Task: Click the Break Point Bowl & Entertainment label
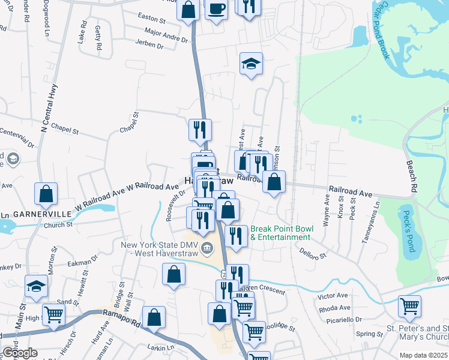[280, 233]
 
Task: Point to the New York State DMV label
[160, 248]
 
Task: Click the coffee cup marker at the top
[216, 9]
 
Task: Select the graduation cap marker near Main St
[36, 286]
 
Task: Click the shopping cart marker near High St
[53, 313]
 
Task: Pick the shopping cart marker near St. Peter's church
[409, 305]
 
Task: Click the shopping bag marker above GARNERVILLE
[46, 193]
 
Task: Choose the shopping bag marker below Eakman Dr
[173, 274]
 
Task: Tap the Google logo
[19, 353]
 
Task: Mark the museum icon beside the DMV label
[208, 247]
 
